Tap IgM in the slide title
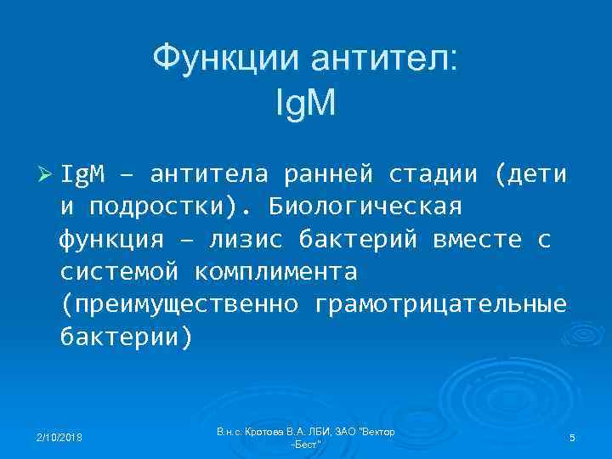[x=306, y=104]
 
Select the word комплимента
[x=275, y=272]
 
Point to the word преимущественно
[x=180, y=304]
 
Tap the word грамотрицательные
[x=439, y=304]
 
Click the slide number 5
[x=572, y=438]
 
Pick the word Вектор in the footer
[x=376, y=433]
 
